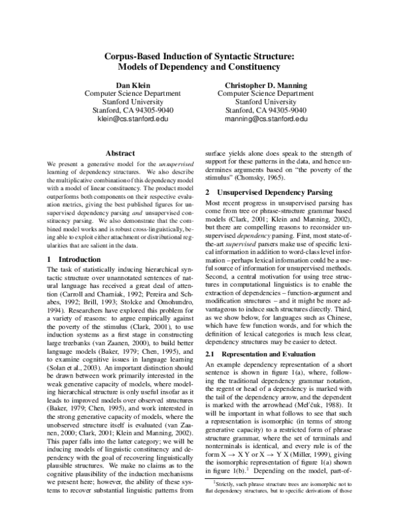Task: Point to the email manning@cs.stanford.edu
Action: tap(266, 119)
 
